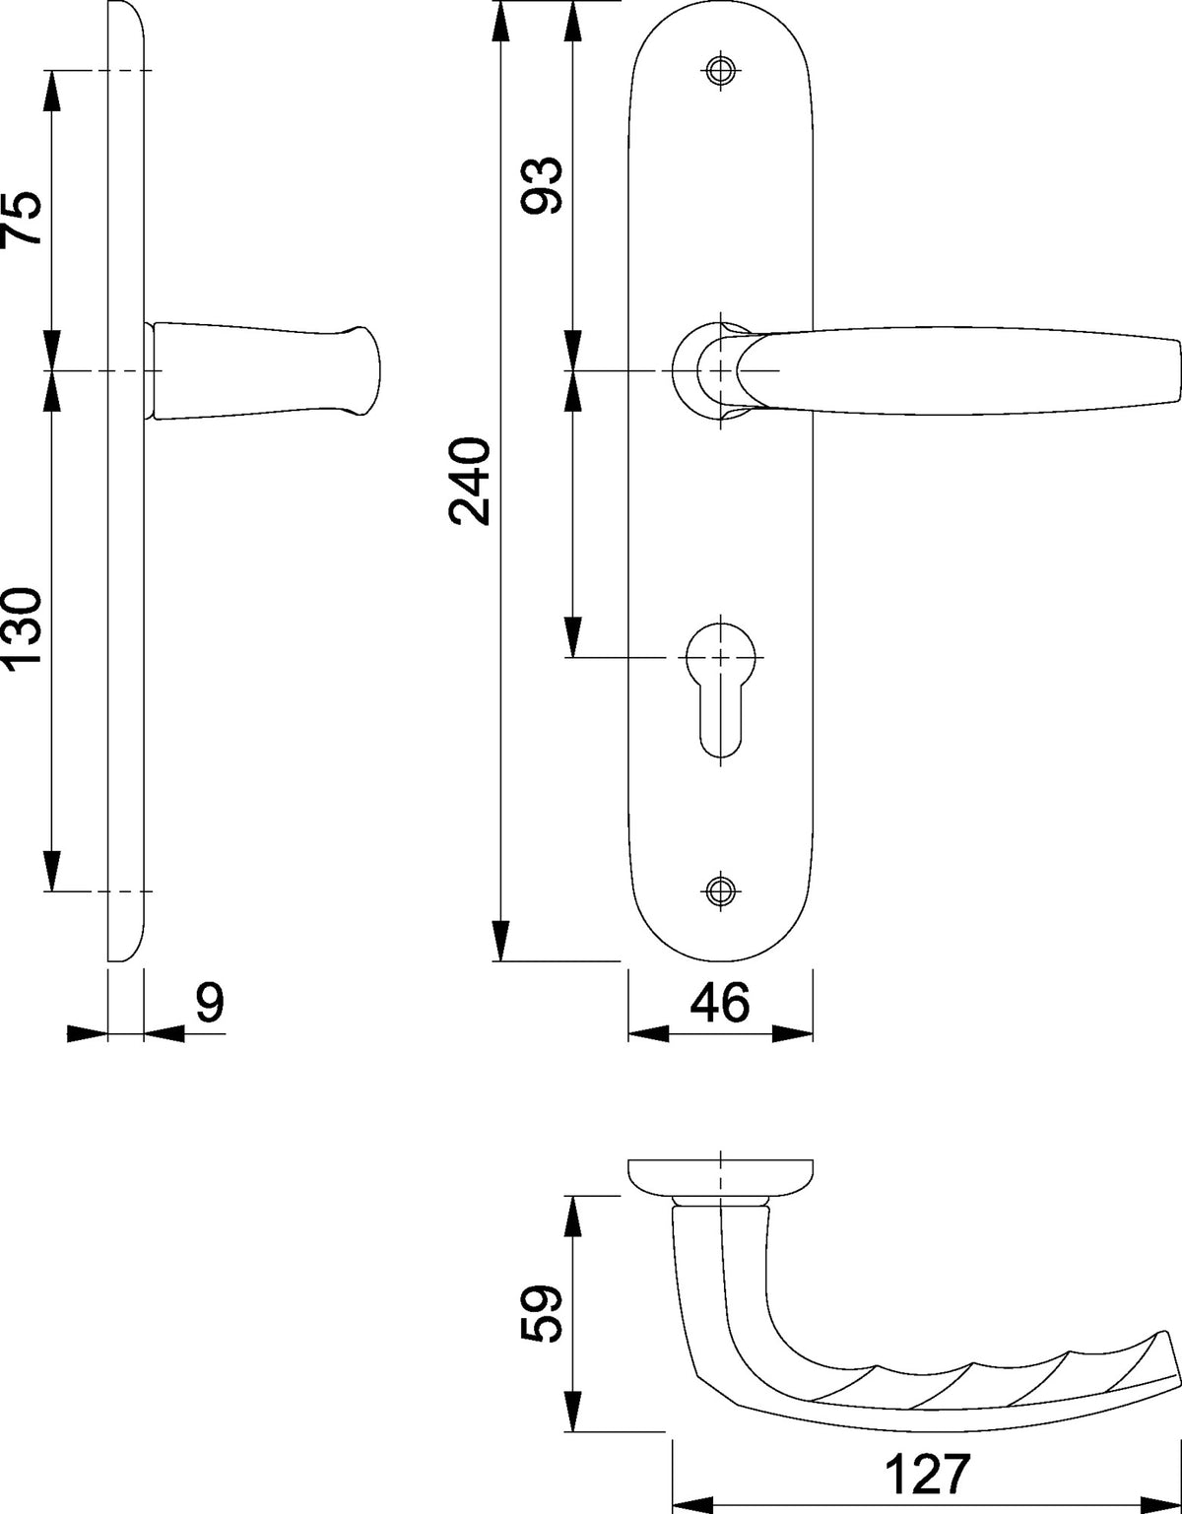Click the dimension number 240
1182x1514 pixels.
click(x=470, y=481)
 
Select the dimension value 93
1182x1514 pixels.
click(x=541, y=186)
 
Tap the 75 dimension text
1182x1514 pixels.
click(x=22, y=217)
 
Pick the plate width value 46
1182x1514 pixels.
click(x=720, y=1004)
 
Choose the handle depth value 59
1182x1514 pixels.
click(x=541, y=1314)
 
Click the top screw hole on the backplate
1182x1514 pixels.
click(x=721, y=70)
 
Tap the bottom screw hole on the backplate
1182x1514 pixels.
click(x=721, y=890)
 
